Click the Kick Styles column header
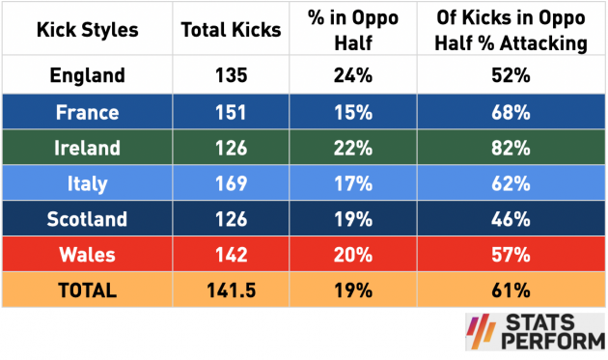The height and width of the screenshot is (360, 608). point(87,30)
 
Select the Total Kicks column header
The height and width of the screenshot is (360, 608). point(232,30)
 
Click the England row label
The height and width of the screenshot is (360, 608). point(87,75)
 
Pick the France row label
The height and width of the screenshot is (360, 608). point(87,112)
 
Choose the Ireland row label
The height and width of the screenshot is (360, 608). point(87,148)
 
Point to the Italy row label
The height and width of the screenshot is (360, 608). point(87,183)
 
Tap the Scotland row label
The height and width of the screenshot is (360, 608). point(87,219)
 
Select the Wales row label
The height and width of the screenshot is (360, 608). point(87,255)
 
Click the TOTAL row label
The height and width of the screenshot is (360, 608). point(87,290)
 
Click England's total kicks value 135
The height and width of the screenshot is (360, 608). point(232,75)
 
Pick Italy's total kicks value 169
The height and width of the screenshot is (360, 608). point(232,183)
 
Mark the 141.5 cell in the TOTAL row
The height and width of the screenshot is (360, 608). point(232,290)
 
